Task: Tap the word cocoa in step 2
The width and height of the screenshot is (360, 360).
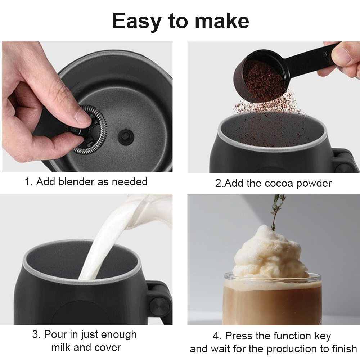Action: coord(279,183)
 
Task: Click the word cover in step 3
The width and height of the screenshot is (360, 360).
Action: coord(106,347)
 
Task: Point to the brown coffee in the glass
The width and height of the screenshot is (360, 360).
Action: coord(272,302)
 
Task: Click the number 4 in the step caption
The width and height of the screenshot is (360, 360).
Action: coord(216,336)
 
